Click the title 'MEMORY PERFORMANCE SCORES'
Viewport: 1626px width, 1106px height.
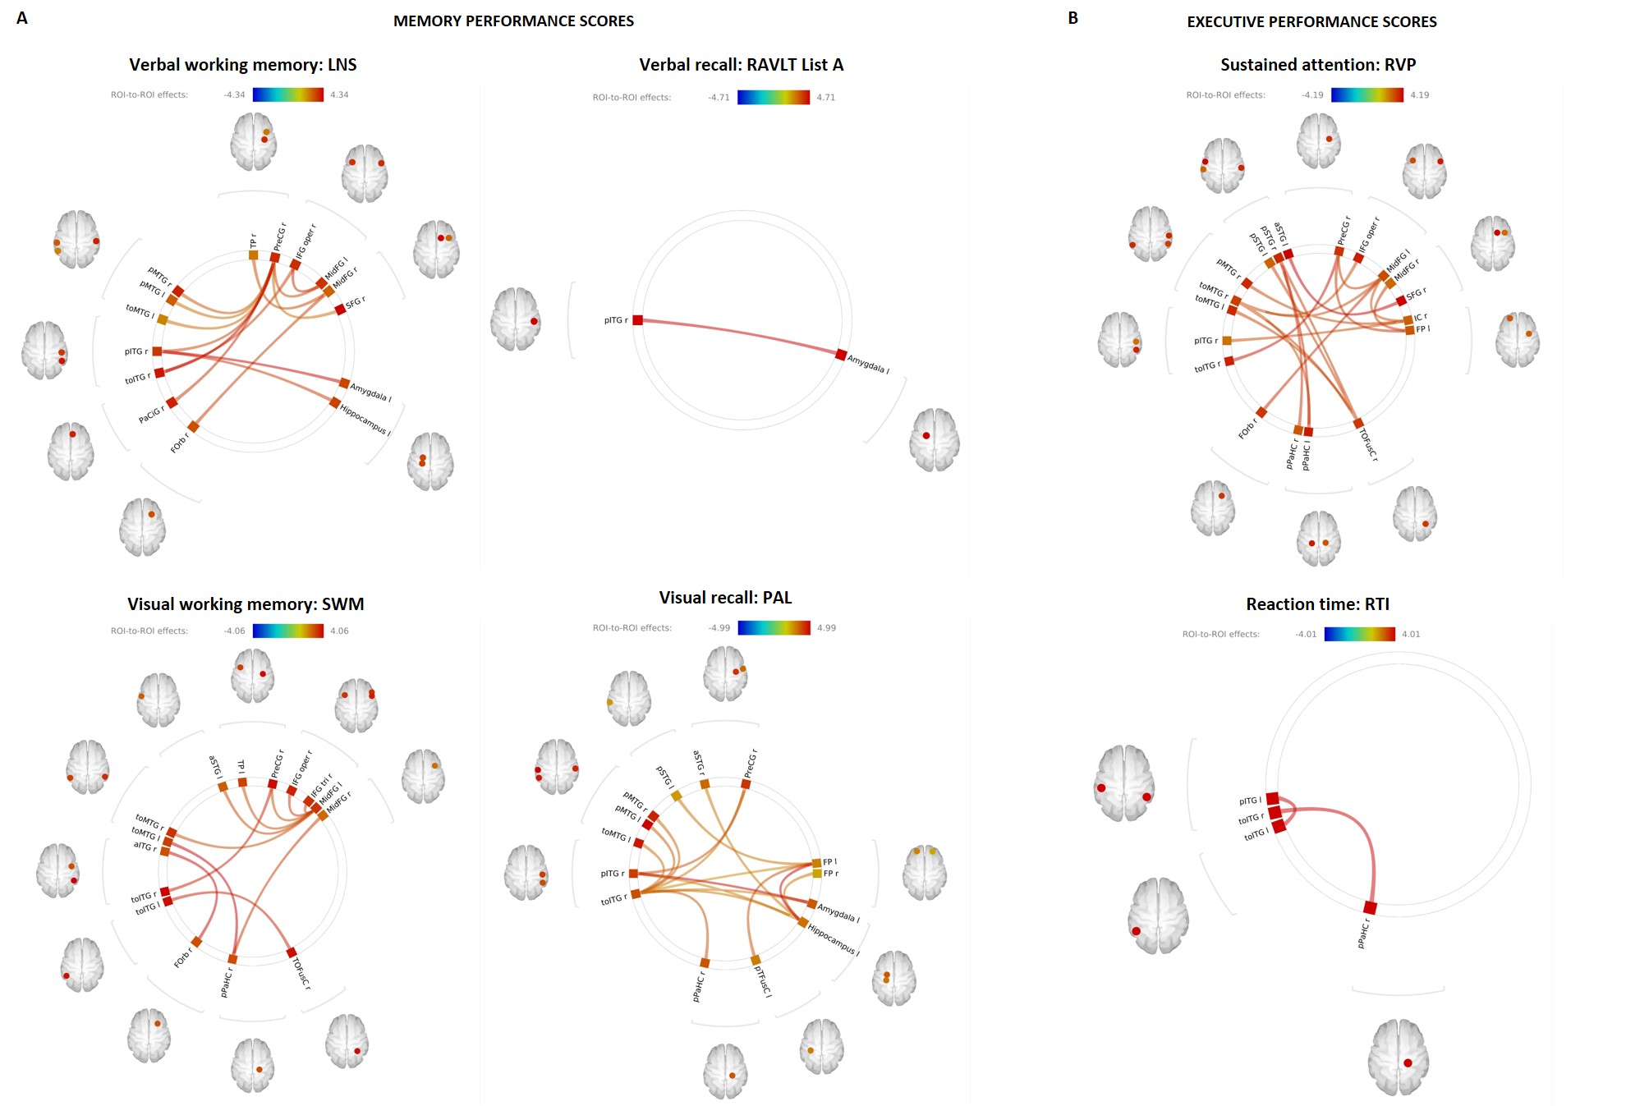[513, 21]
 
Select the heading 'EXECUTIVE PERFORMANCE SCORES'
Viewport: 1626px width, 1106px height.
[1311, 22]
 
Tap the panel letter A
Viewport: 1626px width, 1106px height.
[22, 18]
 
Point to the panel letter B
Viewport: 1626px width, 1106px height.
[1073, 18]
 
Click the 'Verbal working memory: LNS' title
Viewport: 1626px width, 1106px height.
[242, 65]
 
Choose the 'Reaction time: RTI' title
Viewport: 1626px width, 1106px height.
[1317, 604]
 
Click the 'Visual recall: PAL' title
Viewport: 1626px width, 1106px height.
[725, 598]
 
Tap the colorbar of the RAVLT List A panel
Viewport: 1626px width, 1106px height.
[773, 97]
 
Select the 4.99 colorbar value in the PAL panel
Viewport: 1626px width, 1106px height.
[826, 628]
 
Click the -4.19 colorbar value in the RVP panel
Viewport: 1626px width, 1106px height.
[1312, 95]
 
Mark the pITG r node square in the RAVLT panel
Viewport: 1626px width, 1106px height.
[638, 320]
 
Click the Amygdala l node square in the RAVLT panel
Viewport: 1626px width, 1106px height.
[841, 355]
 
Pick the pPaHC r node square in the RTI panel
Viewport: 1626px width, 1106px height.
[1370, 907]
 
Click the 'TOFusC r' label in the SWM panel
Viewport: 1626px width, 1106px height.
[301, 973]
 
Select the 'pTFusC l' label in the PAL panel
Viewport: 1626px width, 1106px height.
[763, 981]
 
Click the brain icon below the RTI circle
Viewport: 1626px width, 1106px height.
[1398, 1058]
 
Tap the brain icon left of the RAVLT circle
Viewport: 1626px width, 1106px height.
[516, 319]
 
